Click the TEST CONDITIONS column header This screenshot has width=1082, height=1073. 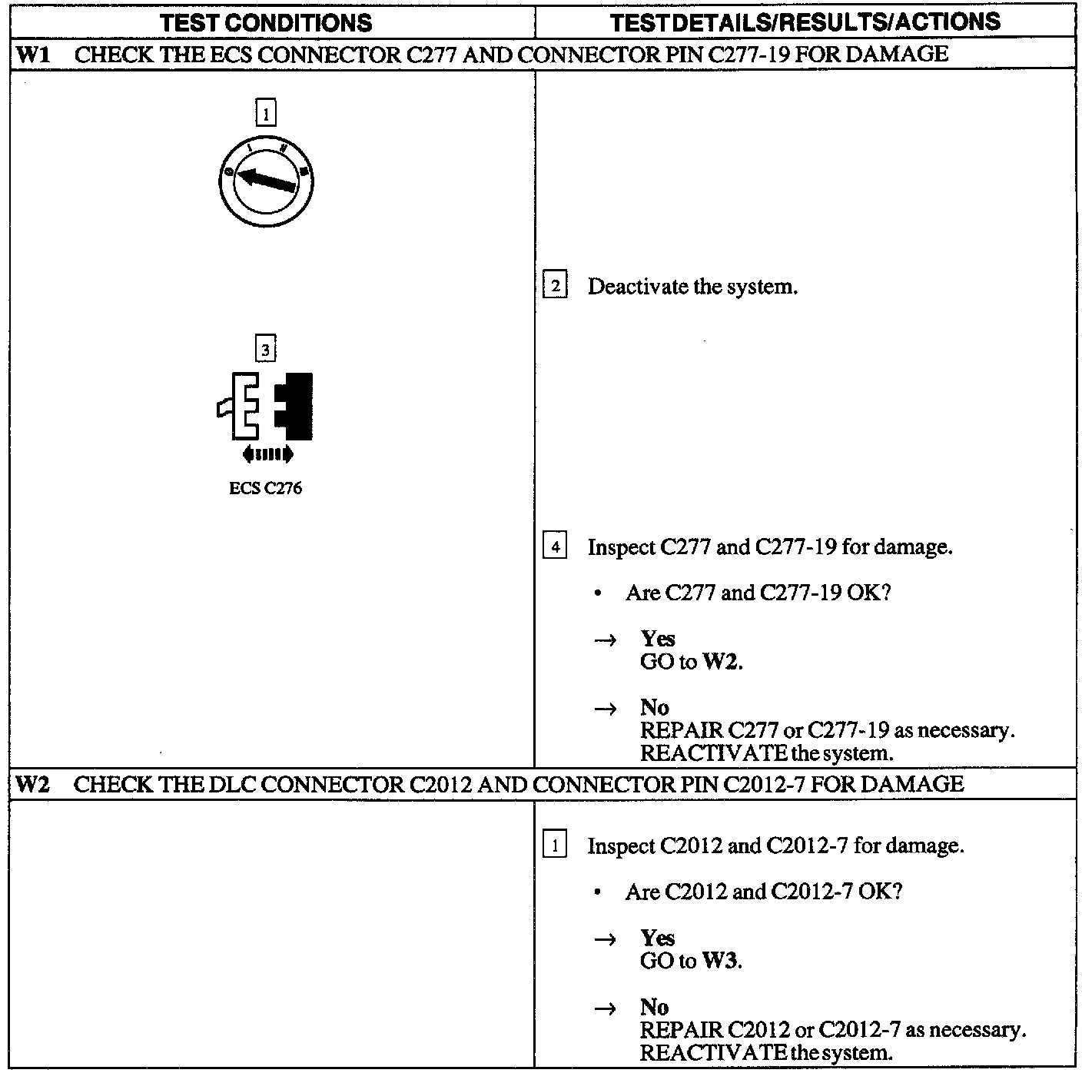tap(266, 22)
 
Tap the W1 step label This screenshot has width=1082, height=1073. tap(32, 54)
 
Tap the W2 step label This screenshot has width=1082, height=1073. tap(32, 783)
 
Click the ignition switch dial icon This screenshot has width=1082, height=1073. tap(266, 182)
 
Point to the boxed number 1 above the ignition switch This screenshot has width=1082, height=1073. tap(265, 114)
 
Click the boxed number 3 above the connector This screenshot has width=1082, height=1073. tap(265, 350)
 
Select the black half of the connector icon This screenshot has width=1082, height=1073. tap(295, 406)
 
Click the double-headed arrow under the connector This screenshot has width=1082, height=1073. tap(267, 454)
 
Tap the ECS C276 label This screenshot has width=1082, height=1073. tap(265, 488)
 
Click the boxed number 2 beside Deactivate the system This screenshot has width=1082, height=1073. tap(555, 287)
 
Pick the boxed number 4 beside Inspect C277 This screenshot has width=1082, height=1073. tap(555, 547)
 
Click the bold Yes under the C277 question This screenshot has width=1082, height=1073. tap(658, 639)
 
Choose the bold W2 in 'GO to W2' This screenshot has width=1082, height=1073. tap(722, 662)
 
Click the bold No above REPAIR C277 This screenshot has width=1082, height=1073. tap(654, 707)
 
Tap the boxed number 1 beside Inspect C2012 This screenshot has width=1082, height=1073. tap(555, 845)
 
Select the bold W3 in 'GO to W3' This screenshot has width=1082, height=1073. tap(722, 961)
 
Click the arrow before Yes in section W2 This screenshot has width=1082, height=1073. tap(606, 939)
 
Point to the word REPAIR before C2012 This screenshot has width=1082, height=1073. tap(681, 1030)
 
